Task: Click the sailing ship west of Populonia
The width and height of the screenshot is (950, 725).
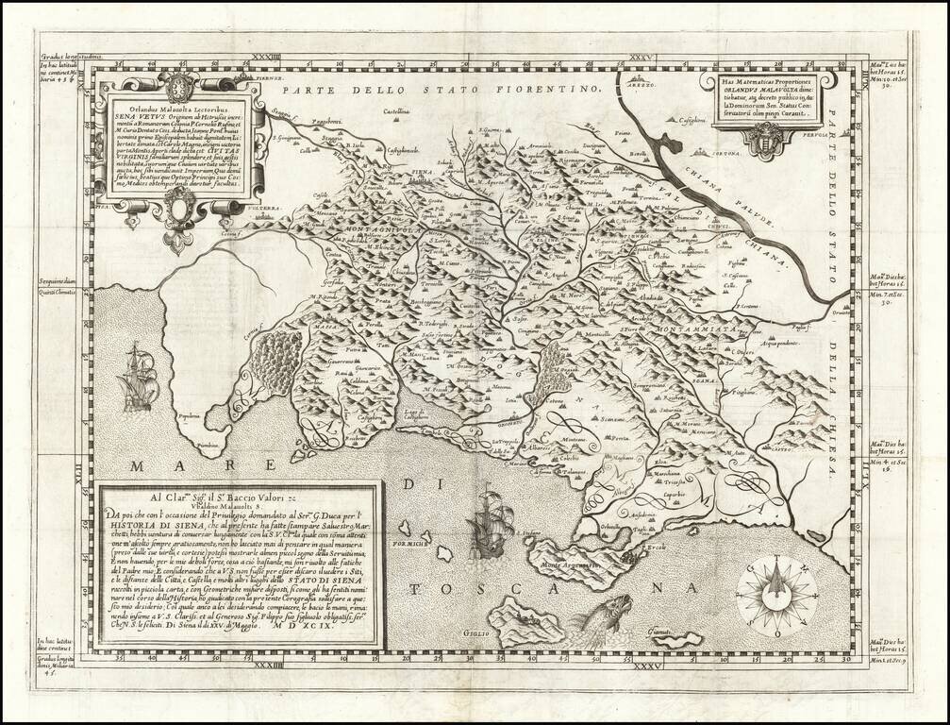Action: pyautogui.click(x=138, y=378)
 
